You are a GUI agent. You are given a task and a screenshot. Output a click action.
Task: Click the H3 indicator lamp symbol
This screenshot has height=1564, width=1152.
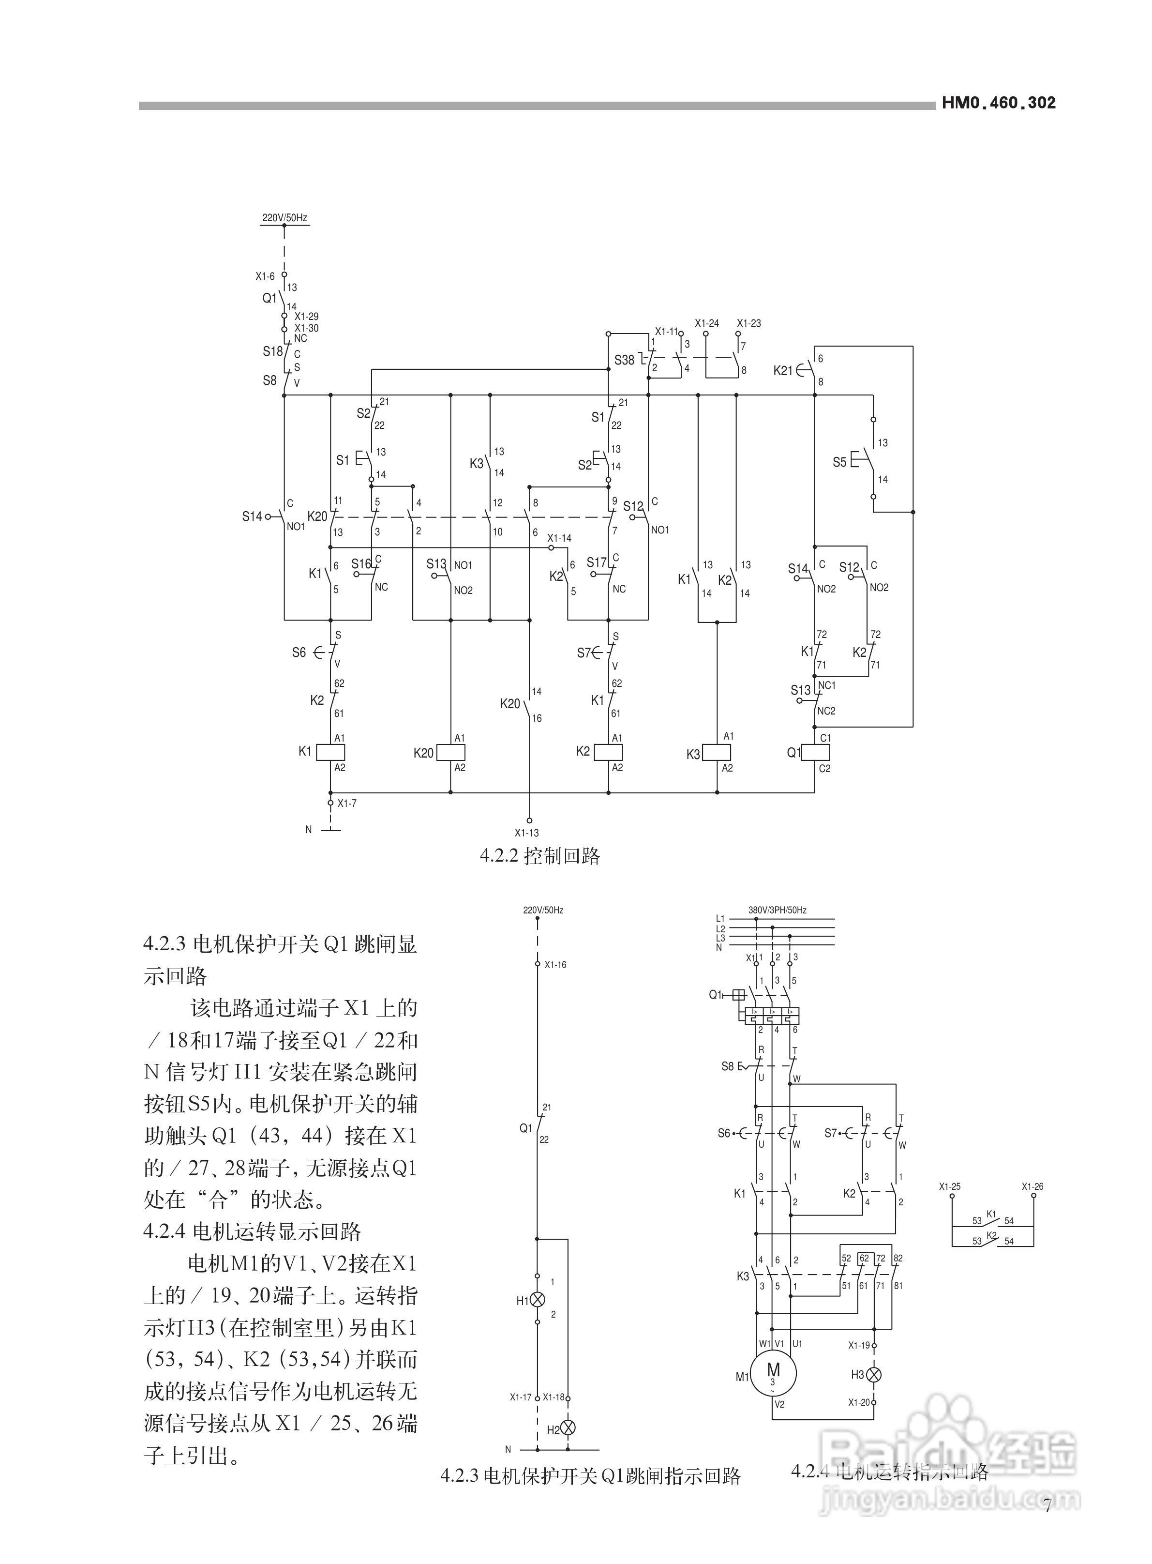874,1374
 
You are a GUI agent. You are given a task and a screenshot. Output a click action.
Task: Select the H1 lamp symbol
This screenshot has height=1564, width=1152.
538,1300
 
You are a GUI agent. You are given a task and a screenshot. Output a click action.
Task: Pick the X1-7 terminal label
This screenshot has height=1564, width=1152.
346,804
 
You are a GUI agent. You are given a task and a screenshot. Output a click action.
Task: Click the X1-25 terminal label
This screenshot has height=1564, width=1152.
949,1186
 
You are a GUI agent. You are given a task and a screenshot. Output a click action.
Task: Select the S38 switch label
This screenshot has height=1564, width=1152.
624,361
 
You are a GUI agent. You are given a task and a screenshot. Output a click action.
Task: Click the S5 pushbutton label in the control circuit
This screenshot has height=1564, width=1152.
839,462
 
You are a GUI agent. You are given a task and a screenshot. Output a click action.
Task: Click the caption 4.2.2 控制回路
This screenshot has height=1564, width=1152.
540,856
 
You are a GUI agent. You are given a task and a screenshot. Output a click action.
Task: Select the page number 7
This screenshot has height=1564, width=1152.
1047,1505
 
